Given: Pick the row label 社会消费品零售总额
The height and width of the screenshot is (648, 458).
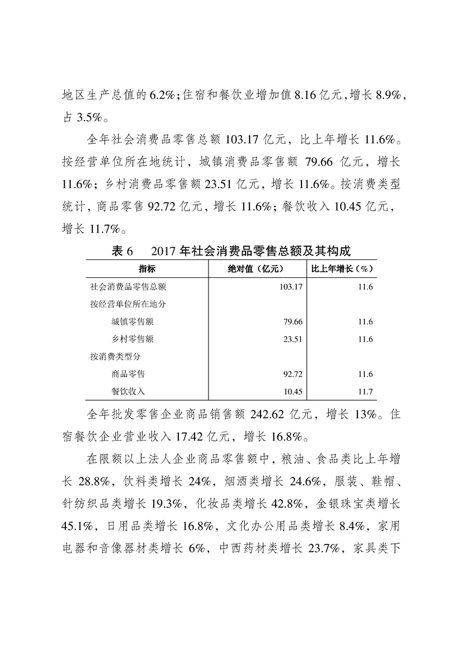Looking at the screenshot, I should (x=128, y=286).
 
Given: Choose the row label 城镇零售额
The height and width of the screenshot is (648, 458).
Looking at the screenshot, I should (x=132, y=322).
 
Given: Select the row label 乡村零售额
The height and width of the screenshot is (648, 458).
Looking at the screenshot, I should (x=132, y=339).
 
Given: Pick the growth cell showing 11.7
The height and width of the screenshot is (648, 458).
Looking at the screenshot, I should (x=365, y=392).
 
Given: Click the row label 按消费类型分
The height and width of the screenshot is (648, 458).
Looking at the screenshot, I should (x=116, y=356).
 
